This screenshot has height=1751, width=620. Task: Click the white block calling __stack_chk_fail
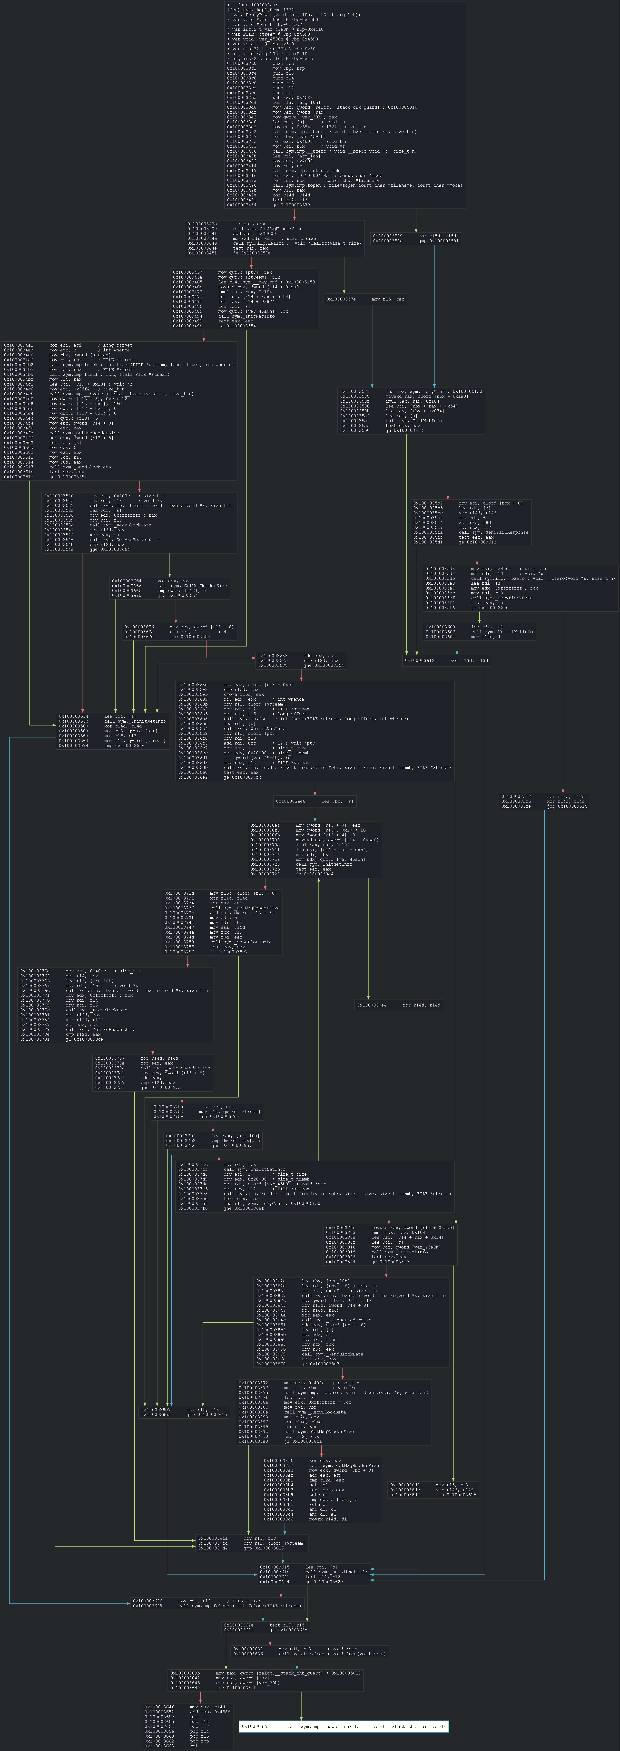343,1726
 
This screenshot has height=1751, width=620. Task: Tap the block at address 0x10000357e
365,299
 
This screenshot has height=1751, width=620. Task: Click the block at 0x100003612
446,660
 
